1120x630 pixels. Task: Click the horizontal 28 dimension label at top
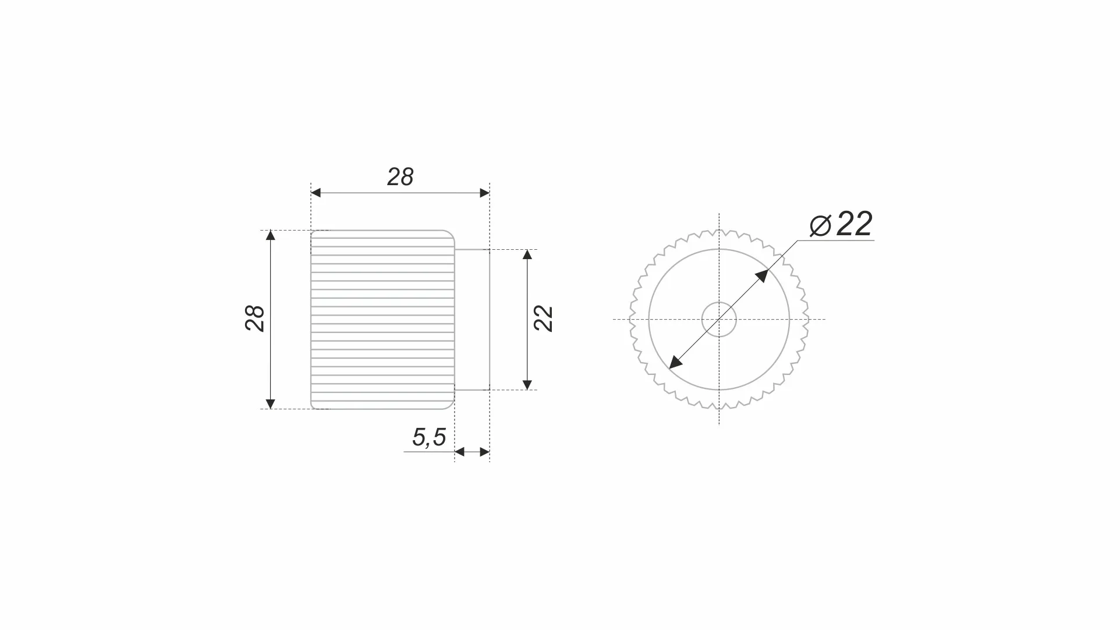click(x=400, y=177)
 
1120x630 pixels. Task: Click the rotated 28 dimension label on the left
click(x=255, y=318)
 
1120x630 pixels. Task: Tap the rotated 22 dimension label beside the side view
click(x=543, y=318)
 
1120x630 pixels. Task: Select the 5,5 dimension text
click(x=429, y=437)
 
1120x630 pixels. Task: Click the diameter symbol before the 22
click(x=820, y=226)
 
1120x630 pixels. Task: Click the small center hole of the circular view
click(x=720, y=320)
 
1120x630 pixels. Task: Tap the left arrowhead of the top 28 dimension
click(x=316, y=193)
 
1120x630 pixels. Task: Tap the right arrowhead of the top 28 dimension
click(x=485, y=193)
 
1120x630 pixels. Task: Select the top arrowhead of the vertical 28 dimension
click(x=270, y=235)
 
